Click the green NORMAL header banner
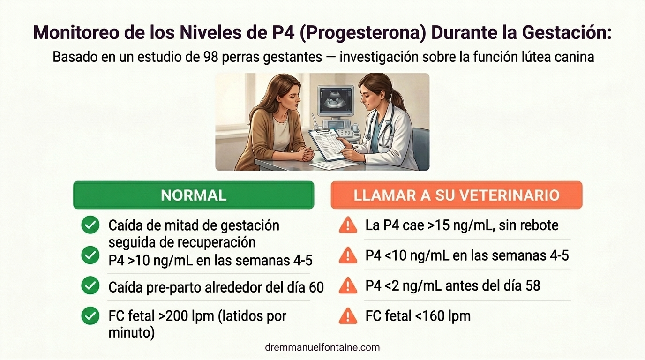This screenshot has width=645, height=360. pos(194,195)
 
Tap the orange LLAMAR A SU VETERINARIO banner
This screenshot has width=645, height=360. pos(456,195)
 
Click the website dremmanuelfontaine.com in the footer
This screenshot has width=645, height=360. pos(322,347)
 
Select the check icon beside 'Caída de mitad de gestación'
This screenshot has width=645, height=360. pos(90,225)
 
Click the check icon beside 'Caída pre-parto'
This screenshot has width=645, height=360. pos(90,285)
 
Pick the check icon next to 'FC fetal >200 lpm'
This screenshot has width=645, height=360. pos(90,316)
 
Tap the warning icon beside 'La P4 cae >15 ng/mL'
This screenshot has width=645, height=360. pos(347,225)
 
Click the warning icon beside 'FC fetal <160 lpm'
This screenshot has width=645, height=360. pos(347,316)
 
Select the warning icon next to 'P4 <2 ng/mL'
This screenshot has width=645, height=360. pos(347,285)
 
